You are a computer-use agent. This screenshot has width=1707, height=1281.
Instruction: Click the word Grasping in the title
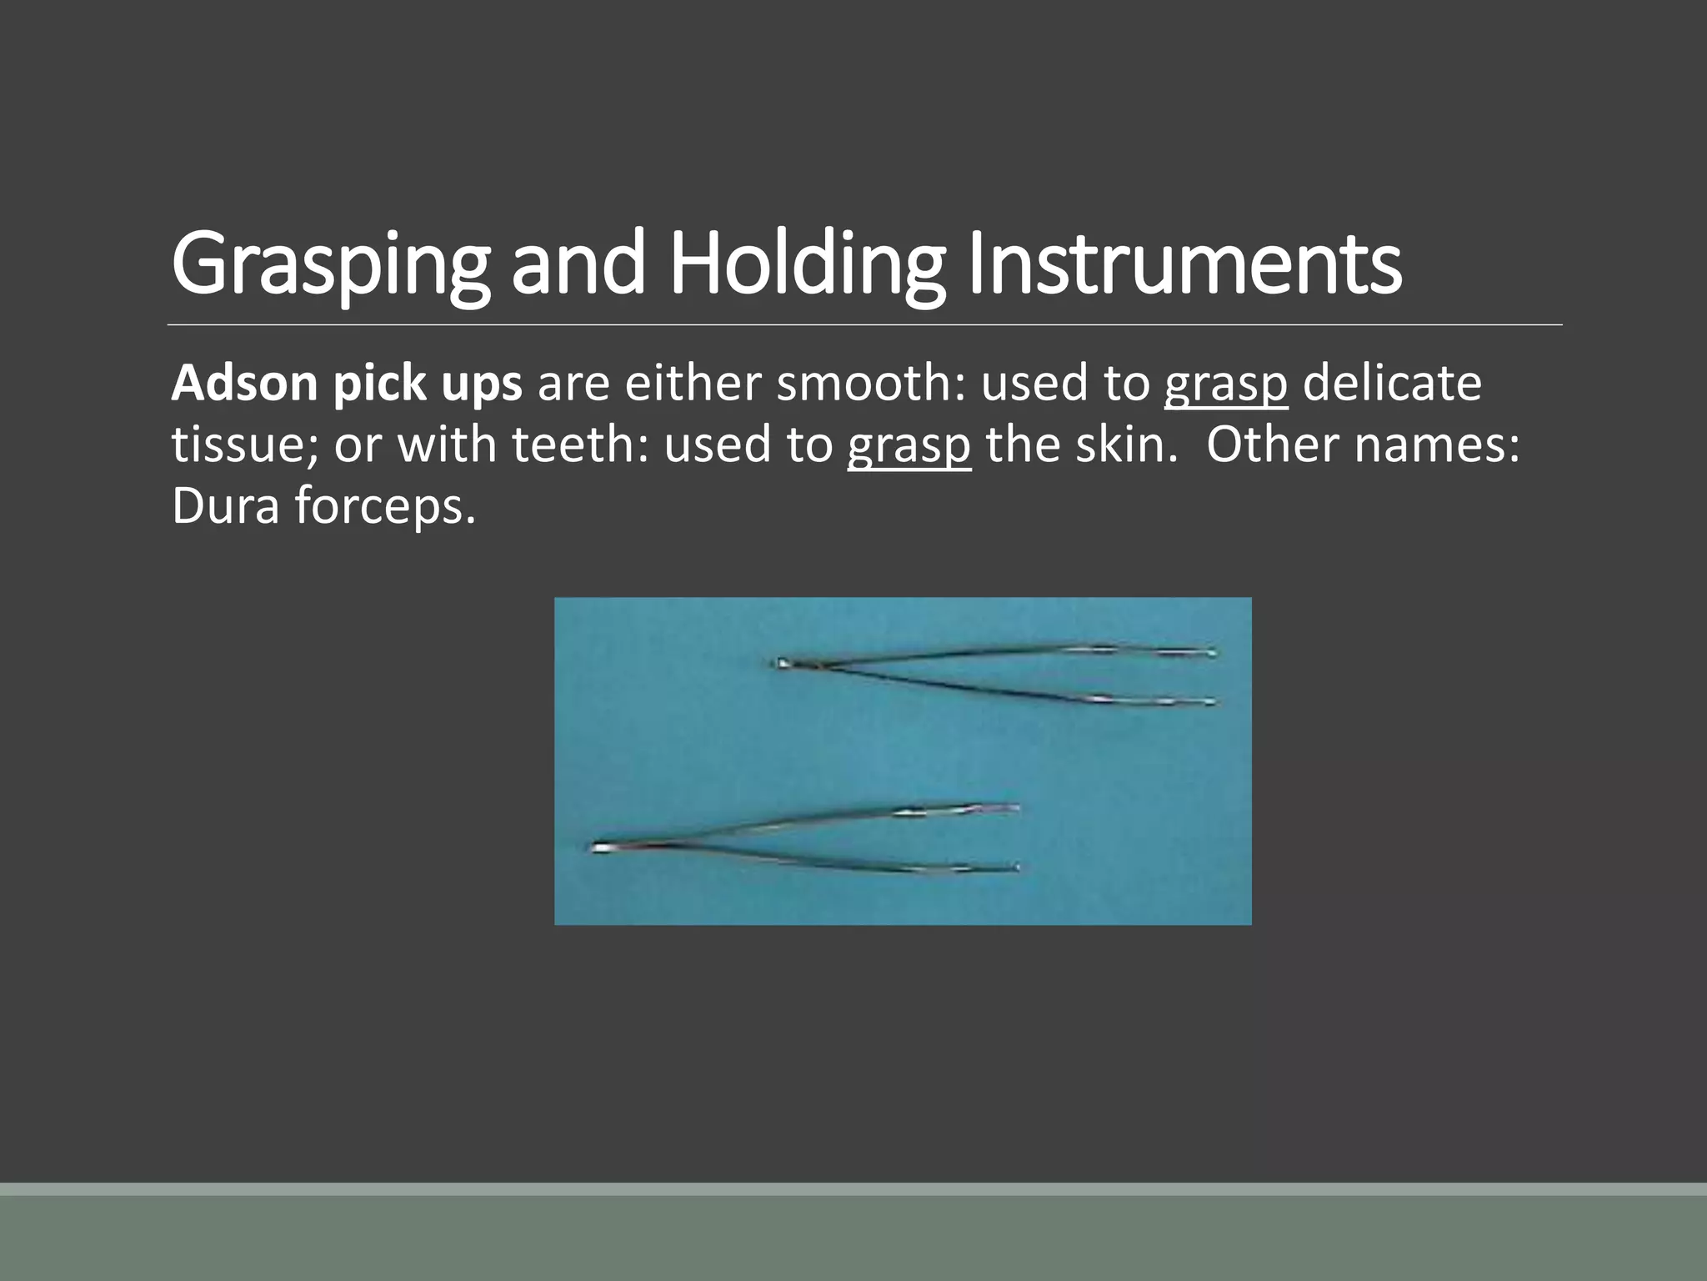tap(330, 265)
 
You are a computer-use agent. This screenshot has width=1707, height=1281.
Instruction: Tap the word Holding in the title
tap(806, 265)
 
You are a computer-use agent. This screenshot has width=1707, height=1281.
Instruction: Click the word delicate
tap(1392, 383)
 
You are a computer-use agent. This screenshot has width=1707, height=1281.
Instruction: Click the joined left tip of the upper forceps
tap(782, 664)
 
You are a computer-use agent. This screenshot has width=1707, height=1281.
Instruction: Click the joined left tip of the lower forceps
tap(598, 848)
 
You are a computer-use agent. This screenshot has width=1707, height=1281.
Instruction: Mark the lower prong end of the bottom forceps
tap(1015, 868)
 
